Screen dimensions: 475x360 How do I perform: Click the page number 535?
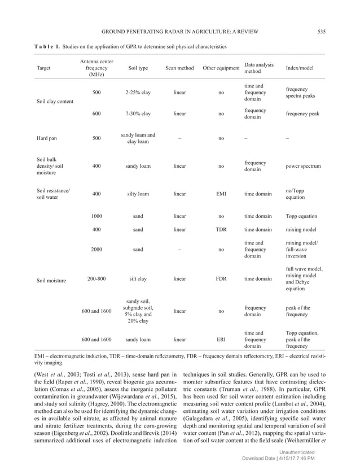click(321, 31)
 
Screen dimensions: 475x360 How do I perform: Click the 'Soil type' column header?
click(138, 68)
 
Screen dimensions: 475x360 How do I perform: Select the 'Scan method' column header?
click(179, 68)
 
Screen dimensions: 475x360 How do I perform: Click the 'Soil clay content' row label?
click(55, 102)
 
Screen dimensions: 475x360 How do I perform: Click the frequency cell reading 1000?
click(96, 216)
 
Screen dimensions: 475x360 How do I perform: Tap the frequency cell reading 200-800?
click(96, 278)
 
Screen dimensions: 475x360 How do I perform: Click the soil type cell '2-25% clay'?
click(138, 93)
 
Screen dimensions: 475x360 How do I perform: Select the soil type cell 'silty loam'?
click(138, 194)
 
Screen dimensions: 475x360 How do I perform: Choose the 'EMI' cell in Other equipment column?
click(221, 194)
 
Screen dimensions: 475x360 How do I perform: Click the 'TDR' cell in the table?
click(221, 230)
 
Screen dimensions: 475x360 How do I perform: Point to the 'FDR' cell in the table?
click(221, 278)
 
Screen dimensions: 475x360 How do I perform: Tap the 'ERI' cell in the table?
click(221, 339)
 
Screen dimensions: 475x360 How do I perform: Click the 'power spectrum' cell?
click(303, 166)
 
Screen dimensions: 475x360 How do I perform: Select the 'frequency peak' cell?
click(302, 114)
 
